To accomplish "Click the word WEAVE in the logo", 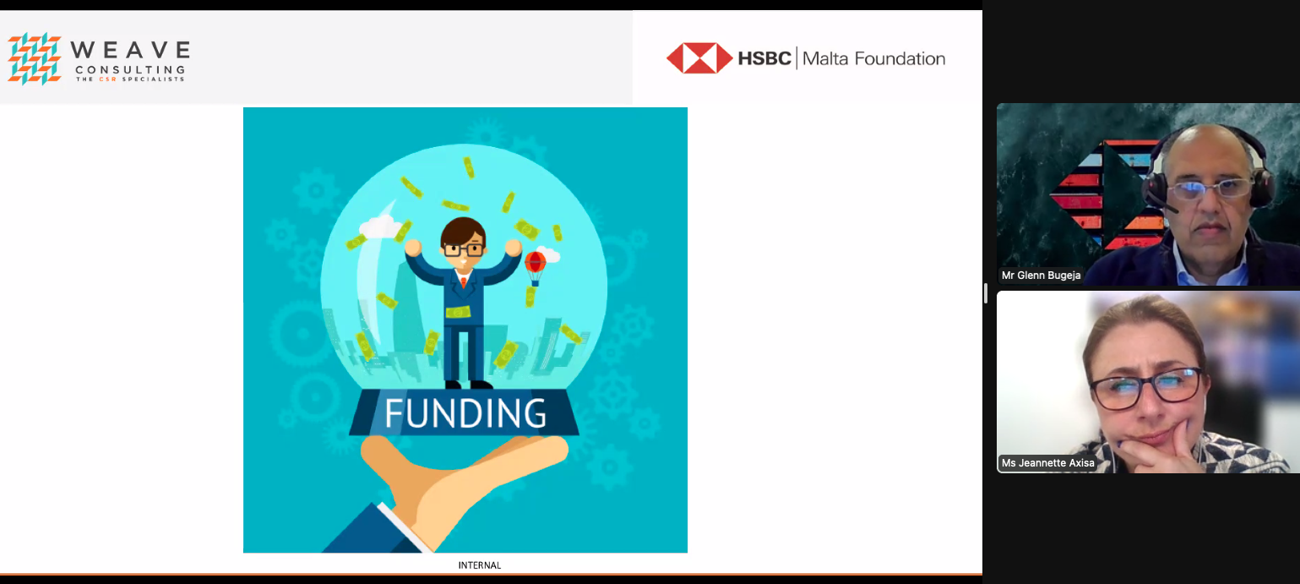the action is (130, 50).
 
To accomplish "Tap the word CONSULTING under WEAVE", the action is (130, 69).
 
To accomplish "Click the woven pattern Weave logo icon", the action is (35, 58).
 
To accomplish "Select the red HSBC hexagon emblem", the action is (699, 58).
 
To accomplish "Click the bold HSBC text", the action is (764, 58).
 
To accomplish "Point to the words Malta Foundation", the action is (874, 58).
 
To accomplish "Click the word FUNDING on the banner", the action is (465, 412).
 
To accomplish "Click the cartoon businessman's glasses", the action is (464, 249).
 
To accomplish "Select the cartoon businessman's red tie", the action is (464, 281).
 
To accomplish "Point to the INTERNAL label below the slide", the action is (480, 565).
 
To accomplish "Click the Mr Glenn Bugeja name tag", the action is (1041, 276).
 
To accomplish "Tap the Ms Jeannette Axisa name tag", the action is (1047, 462).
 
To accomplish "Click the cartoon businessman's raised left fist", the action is (513, 248).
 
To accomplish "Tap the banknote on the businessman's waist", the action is (458, 313).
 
